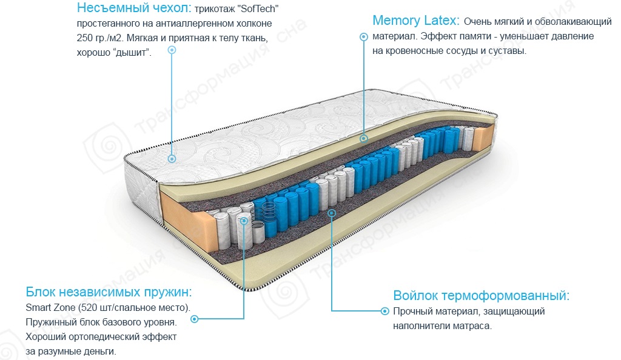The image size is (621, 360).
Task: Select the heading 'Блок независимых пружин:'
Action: [x=109, y=290]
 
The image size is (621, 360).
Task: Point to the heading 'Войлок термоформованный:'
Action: [x=482, y=296]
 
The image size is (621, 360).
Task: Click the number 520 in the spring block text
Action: [x=90, y=307]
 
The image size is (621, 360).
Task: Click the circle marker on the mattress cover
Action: [x=172, y=159]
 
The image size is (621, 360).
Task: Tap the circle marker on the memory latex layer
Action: [x=364, y=138]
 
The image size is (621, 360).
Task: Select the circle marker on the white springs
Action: [x=244, y=221]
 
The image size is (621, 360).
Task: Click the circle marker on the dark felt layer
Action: [x=332, y=213]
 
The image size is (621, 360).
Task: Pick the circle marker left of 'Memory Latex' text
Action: [x=363, y=37]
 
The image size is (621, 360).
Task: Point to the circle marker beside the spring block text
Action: [x=194, y=318]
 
